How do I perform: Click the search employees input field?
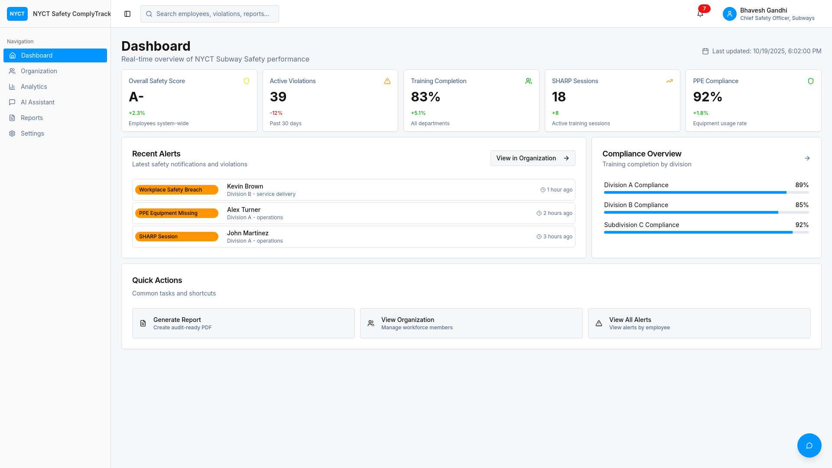click(x=210, y=14)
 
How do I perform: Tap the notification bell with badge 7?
click(x=700, y=13)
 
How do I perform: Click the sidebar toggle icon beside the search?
click(x=127, y=14)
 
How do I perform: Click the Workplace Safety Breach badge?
click(x=176, y=190)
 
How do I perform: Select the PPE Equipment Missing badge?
click(x=176, y=213)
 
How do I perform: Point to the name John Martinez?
click(x=248, y=233)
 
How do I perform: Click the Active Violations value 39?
click(x=278, y=97)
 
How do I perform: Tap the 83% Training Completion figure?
click(x=426, y=97)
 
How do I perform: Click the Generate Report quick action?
click(x=244, y=323)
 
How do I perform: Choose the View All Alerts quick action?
click(x=699, y=323)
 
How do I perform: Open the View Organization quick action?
click(x=471, y=323)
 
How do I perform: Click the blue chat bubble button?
click(x=809, y=445)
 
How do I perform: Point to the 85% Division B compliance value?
click(x=802, y=205)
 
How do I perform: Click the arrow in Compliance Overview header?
click(x=807, y=158)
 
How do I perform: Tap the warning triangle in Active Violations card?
click(x=387, y=81)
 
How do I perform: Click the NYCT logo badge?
click(x=17, y=14)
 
